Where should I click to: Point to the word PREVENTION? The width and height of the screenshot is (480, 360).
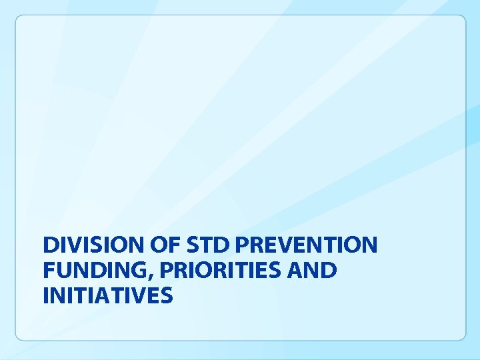306,245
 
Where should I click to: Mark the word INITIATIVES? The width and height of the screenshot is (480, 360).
107,295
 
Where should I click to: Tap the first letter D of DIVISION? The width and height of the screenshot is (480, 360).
50,245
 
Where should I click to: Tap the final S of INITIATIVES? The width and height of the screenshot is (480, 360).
167,295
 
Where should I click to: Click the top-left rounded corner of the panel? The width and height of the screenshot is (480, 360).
19,19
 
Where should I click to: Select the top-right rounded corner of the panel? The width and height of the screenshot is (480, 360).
462,19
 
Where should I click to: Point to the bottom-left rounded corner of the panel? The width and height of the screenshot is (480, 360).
19,337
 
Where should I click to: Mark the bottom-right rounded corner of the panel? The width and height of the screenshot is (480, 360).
462,337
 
